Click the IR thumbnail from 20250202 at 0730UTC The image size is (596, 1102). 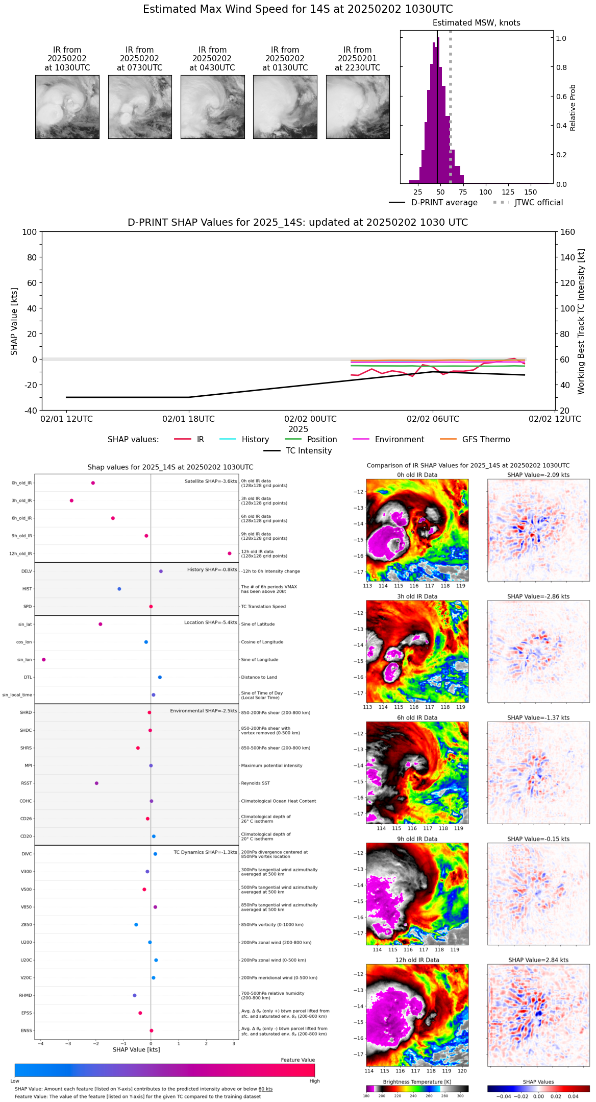pyautogui.click(x=140, y=107)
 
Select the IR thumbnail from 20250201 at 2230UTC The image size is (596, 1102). pyautogui.click(x=358, y=107)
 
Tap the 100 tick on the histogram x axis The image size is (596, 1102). pyautogui.click(x=486, y=192)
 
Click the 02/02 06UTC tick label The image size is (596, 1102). pyautogui.click(x=433, y=419)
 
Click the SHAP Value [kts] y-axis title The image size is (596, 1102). pyautogui.click(x=14, y=321)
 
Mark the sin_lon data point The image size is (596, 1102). pyautogui.click(x=44, y=660)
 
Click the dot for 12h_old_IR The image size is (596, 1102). pyautogui.click(x=230, y=554)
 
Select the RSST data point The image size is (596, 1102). pyautogui.click(x=96, y=783)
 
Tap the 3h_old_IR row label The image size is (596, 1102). pyautogui.click(x=22, y=501)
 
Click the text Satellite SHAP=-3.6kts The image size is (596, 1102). pyautogui.click(x=211, y=482)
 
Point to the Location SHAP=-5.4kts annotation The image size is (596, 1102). pyautogui.click(x=210, y=622)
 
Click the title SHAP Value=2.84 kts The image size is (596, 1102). pyautogui.click(x=538, y=960)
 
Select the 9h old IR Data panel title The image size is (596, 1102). pyautogui.click(x=417, y=839)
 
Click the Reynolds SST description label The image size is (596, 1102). pyautogui.click(x=255, y=783)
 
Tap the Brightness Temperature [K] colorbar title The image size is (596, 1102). pyautogui.click(x=417, y=1082)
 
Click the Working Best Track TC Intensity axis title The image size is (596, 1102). pyautogui.click(x=581, y=321)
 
